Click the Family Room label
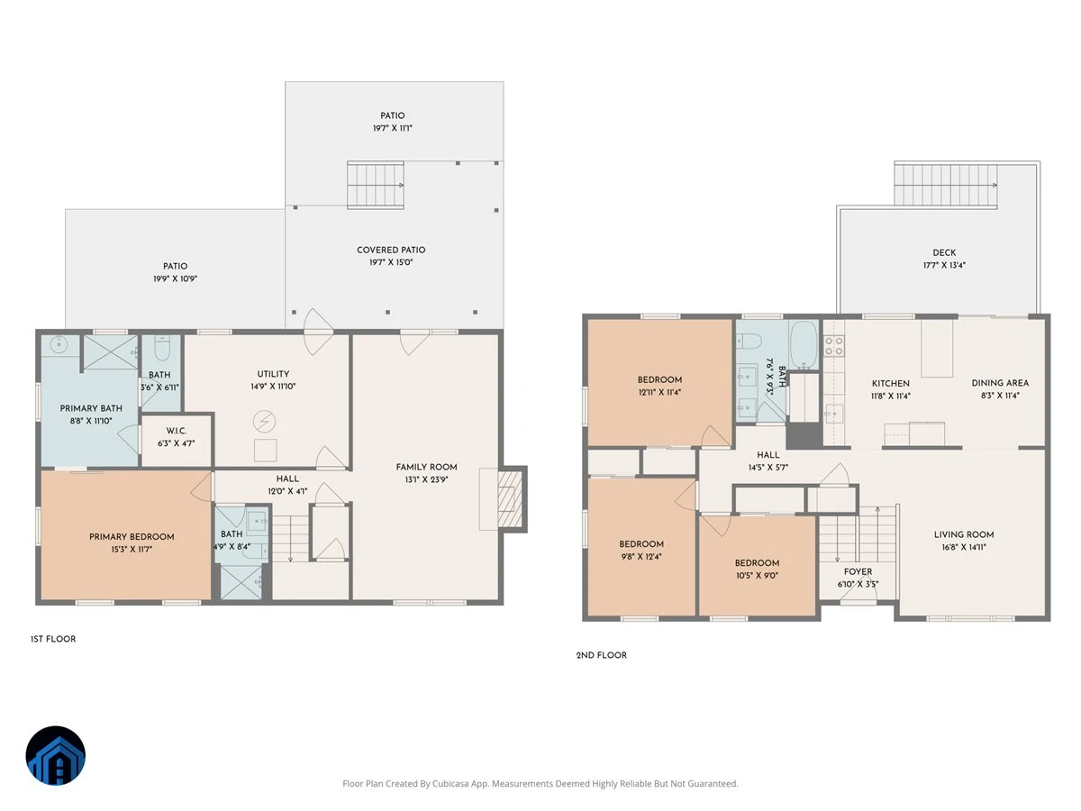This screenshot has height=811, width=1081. click(x=426, y=467)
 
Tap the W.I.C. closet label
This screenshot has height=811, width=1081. click(x=176, y=431)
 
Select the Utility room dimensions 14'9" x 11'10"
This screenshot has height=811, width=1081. click(x=273, y=387)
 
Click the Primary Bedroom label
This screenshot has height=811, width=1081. click(x=132, y=537)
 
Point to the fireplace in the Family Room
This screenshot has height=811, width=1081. click(x=509, y=499)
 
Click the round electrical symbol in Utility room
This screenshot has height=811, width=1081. click(x=265, y=422)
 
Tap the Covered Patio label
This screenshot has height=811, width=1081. click(x=391, y=251)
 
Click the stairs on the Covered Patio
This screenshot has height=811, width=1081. click(x=376, y=185)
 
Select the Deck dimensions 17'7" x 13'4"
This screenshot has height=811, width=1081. click(x=944, y=266)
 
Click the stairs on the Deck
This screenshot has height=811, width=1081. click(x=946, y=185)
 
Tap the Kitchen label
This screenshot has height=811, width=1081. click(x=890, y=384)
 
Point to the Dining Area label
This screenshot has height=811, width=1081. click(x=1000, y=383)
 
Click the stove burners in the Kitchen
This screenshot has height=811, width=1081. click(x=834, y=346)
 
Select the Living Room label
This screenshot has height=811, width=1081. click(x=964, y=534)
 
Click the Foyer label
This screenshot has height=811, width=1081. click(x=858, y=571)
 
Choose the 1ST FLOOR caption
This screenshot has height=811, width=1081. click(x=53, y=639)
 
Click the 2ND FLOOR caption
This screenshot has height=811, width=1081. click(x=602, y=655)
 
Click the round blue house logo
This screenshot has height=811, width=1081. click(x=56, y=755)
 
